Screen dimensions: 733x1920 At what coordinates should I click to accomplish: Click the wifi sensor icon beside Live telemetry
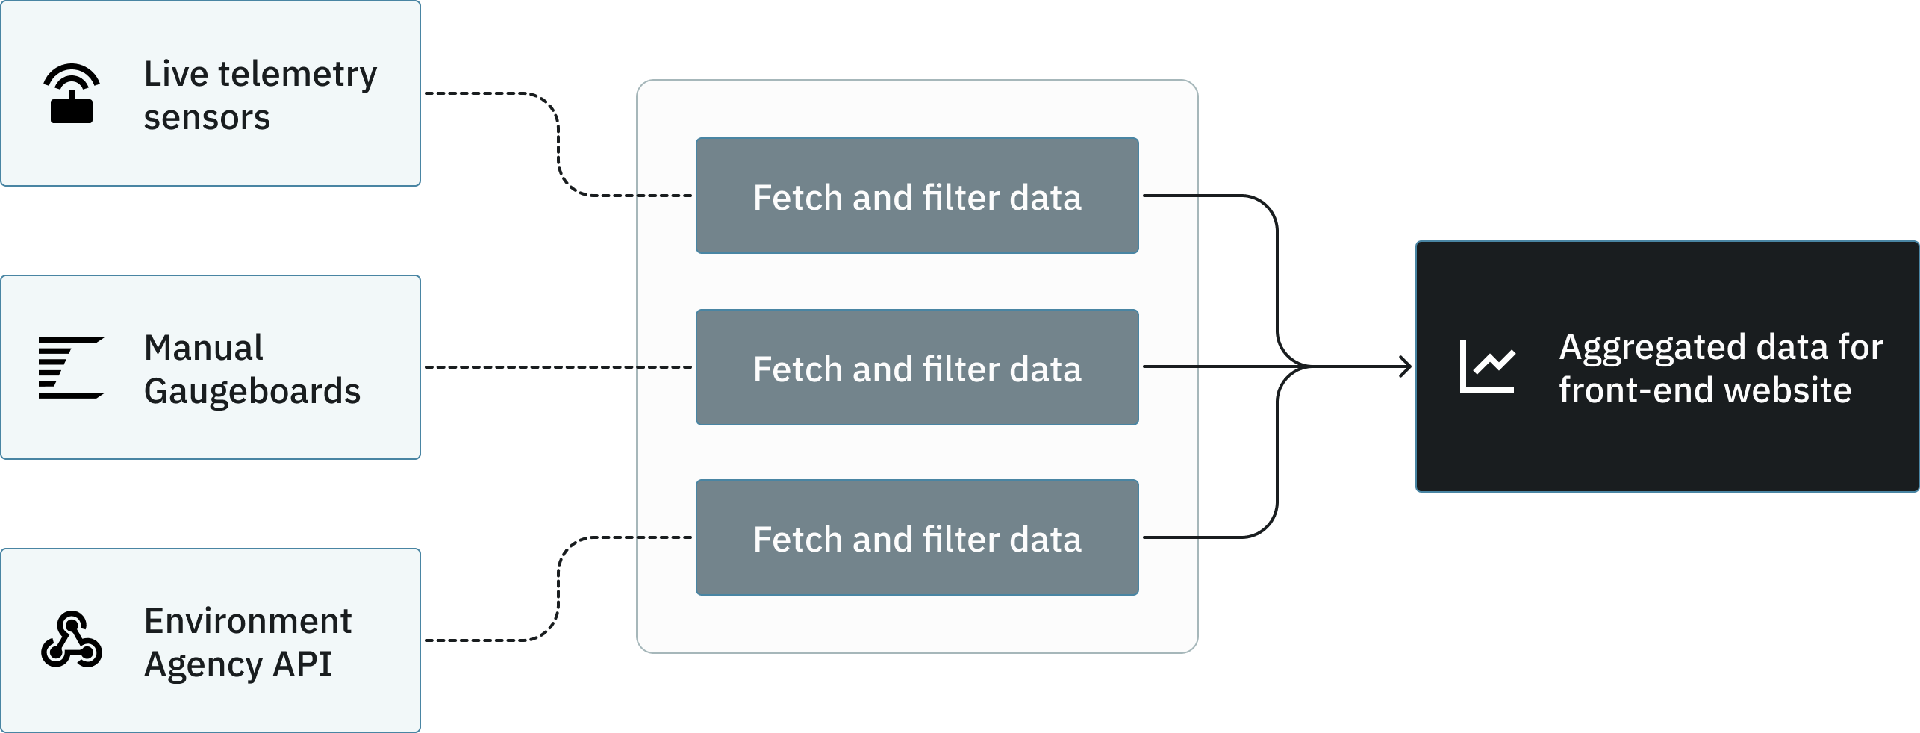click(x=72, y=94)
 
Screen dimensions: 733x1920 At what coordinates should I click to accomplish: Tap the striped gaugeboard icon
click(x=71, y=367)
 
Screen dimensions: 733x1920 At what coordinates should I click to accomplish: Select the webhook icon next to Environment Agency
click(x=71, y=640)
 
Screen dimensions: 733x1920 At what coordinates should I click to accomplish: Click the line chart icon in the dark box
click(x=1487, y=366)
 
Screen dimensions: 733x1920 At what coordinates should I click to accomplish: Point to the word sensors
click(x=207, y=118)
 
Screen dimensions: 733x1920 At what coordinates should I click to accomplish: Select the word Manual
click(x=203, y=348)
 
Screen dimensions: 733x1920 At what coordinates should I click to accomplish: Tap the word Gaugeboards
click(x=252, y=391)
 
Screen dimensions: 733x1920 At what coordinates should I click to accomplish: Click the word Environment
click(x=248, y=621)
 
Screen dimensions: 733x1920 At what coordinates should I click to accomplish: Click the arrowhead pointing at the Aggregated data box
click(x=1405, y=366)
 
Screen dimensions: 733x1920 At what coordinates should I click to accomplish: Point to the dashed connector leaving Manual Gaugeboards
click(x=523, y=367)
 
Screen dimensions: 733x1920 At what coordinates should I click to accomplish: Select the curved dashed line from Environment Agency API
click(x=558, y=590)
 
